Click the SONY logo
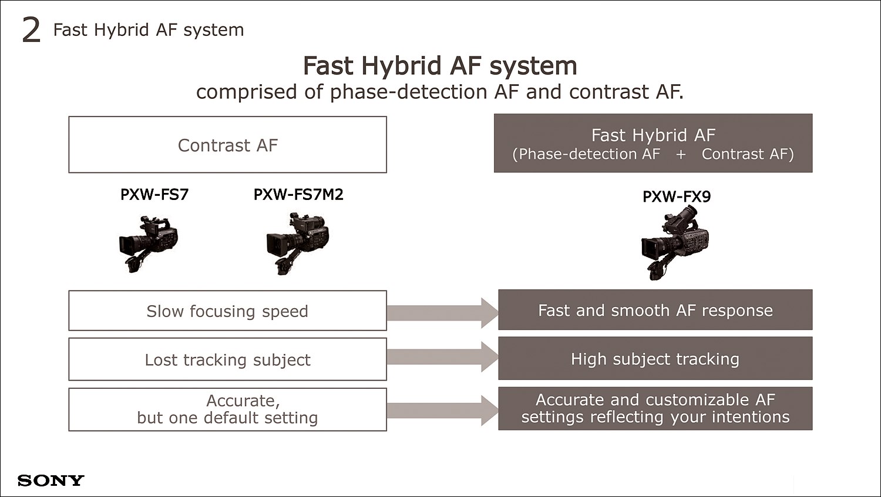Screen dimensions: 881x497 (x=51, y=481)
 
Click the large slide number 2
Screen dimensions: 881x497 (x=31, y=31)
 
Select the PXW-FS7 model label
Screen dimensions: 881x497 (x=154, y=195)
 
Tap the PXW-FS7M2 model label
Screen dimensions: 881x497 (x=298, y=195)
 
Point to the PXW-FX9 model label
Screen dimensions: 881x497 (x=677, y=196)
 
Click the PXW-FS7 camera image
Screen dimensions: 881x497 (x=148, y=244)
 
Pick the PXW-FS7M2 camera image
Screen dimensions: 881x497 (x=298, y=244)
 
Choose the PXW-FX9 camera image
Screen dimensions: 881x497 (x=675, y=244)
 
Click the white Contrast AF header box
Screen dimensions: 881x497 (x=228, y=145)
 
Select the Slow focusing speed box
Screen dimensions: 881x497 (x=228, y=311)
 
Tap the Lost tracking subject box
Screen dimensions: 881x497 (x=228, y=359)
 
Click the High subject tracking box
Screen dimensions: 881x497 (x=655, y=358)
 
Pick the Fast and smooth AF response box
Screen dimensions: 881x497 (x=655, y=310)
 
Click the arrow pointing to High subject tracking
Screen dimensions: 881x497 (x=442, y=357)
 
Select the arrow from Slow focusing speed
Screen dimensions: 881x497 (x=442, y=313)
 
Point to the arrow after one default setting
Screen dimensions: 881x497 (x=442, y=411)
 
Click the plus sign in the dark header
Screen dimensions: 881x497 (x=681, y=154)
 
